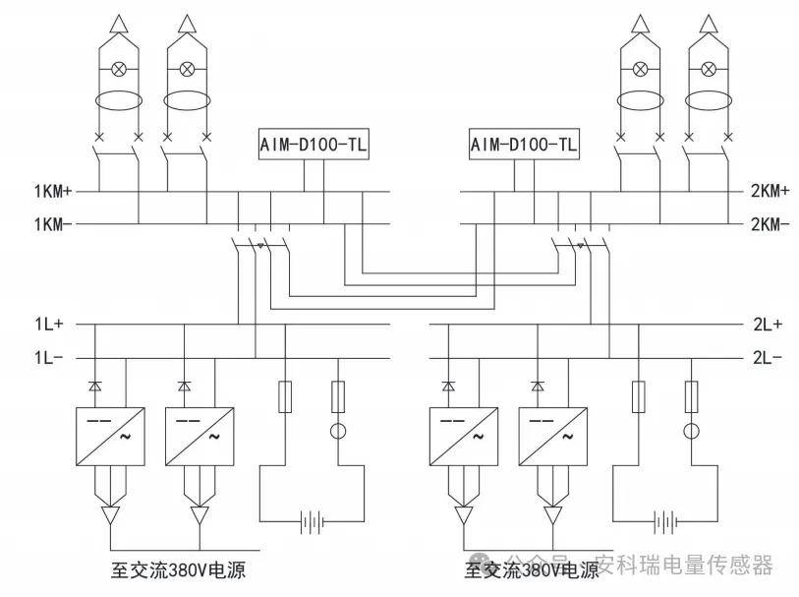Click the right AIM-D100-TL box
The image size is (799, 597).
tap(524, 146)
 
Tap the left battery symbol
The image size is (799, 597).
tap(314, 520)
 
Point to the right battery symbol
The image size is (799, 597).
tap(667, 520)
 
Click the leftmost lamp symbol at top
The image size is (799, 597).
tap(119, 69)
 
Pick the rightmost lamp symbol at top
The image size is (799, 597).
tap(707, 69)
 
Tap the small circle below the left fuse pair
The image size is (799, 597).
tap(338, 431)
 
